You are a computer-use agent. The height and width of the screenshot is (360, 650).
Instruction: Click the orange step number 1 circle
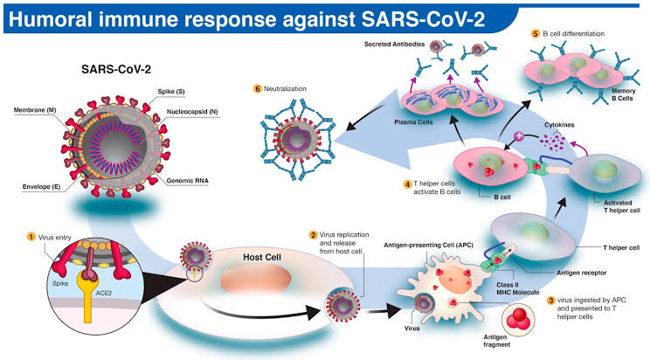(32, 235)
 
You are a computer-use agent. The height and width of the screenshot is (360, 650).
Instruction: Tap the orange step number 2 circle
(314, 235)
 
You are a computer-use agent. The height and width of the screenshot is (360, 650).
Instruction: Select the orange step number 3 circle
(551, 301)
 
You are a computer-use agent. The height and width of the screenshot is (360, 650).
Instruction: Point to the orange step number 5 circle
(535, 33)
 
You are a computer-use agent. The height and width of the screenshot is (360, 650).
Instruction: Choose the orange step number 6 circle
(257, 90)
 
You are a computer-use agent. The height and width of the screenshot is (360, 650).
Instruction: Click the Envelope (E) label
(32, 187)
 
